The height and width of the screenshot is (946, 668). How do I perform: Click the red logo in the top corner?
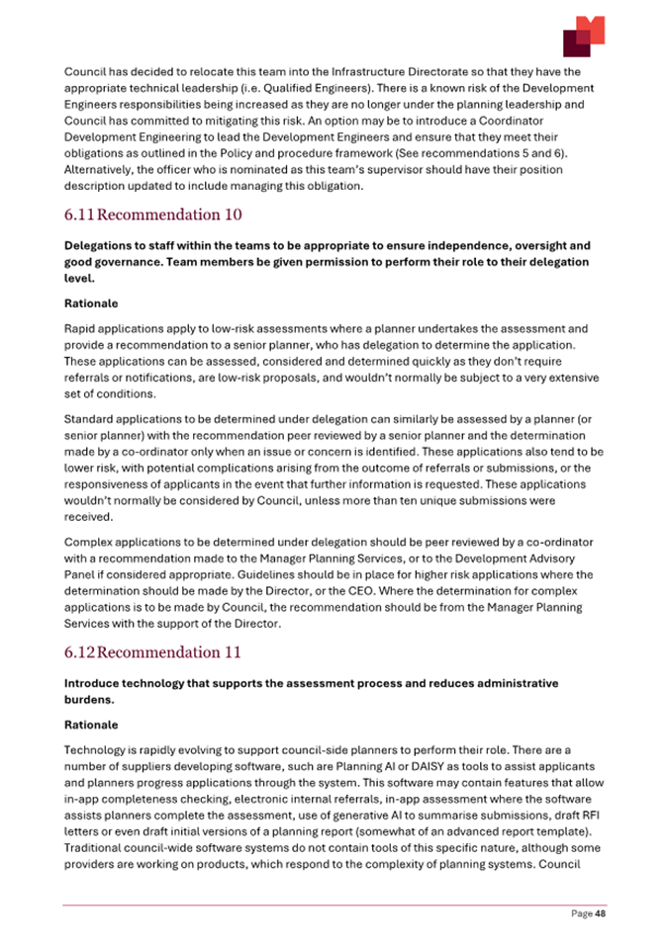click(583, 37)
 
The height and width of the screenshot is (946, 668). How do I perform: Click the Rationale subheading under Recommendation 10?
click(92, 304)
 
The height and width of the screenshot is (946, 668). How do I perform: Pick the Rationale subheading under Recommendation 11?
click(92, 725)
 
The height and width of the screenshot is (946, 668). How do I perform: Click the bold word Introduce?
click(98, 683)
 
